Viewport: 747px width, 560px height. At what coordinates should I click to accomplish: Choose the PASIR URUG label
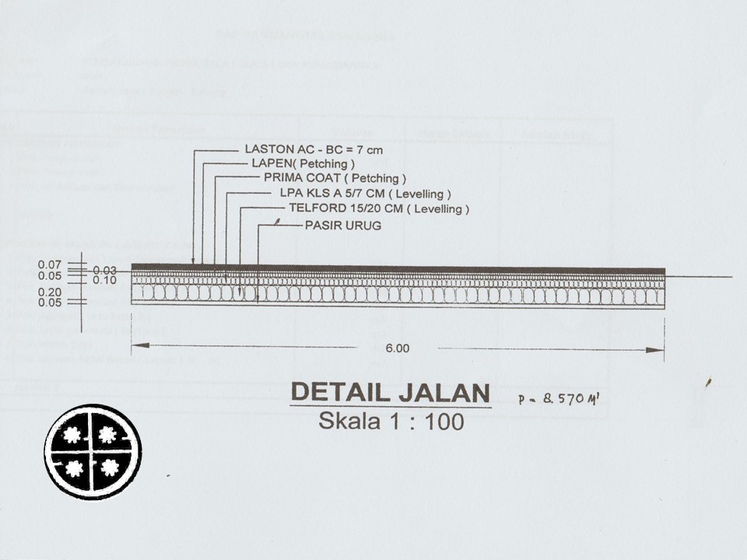[x=342, y=226]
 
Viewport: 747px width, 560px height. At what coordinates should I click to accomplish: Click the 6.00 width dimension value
[x=397, y=348]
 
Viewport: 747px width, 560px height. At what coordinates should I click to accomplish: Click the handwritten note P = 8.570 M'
[x=559, y=399]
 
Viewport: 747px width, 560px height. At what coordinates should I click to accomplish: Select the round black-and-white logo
[x=93, y=452]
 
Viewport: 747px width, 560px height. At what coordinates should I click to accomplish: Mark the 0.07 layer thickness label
[x=50, y=264]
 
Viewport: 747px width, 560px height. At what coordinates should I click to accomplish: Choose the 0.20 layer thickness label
[x=50, y=292]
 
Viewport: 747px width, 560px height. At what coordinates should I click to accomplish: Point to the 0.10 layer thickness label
[x=105, y=279]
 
